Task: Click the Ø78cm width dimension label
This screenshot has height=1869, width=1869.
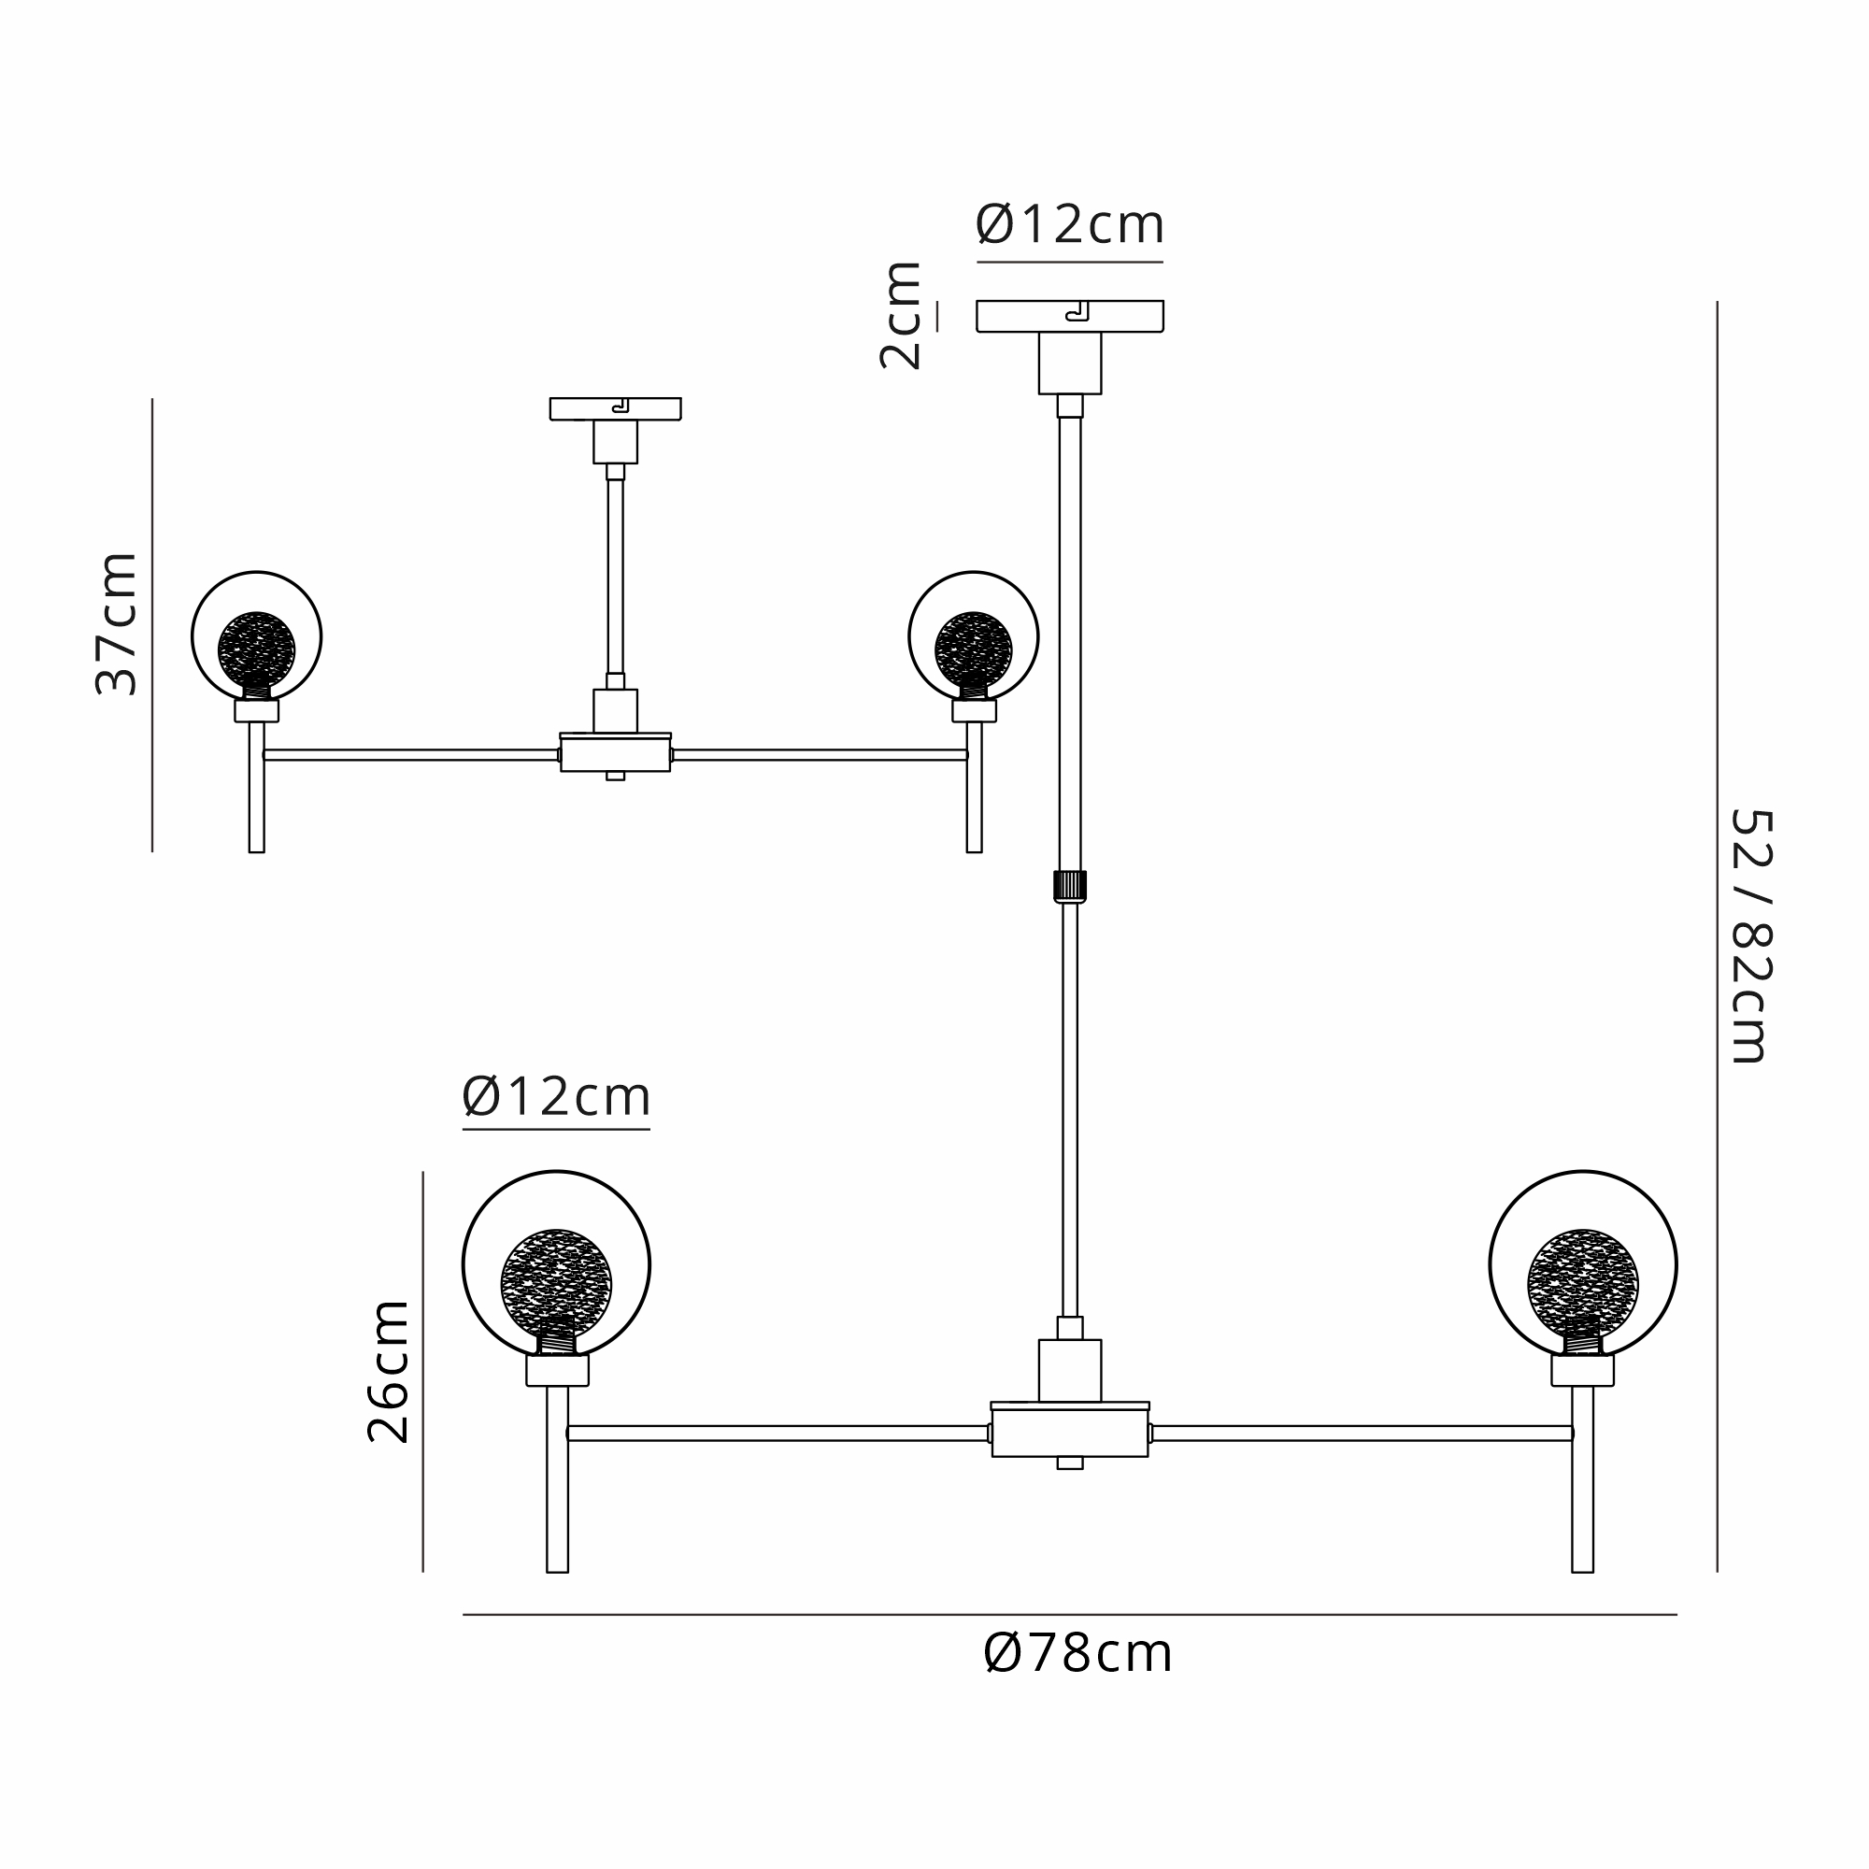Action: (x=1077, y=1654)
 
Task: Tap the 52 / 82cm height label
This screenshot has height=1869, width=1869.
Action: (x=1751, y=936)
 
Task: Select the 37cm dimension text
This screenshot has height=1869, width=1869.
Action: (x=117, y=624)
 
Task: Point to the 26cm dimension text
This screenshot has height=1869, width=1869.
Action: (x=388, y=1372)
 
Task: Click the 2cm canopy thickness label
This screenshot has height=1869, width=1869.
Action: (x=900, y=315)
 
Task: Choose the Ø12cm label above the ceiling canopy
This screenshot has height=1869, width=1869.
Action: (x=1069, y=224)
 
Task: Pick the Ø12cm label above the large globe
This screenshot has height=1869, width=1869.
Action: (x=556, y=1097)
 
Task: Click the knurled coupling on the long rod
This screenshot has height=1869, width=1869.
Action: (x=1069, y=886)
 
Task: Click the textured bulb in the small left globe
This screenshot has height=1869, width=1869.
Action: (x=256, y=649)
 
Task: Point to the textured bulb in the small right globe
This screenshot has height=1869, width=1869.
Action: (x=973, y=649)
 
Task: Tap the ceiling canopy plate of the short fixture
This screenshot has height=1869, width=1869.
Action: (x=615, y=408)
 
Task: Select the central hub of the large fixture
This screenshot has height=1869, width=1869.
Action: (x=1069, y=1433)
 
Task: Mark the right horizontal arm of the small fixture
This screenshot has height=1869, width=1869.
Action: (x=820, y=754)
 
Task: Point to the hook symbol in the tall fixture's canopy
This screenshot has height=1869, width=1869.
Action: (x=1077, y=311)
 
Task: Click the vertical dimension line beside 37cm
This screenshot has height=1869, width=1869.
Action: (x=152, y=625)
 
